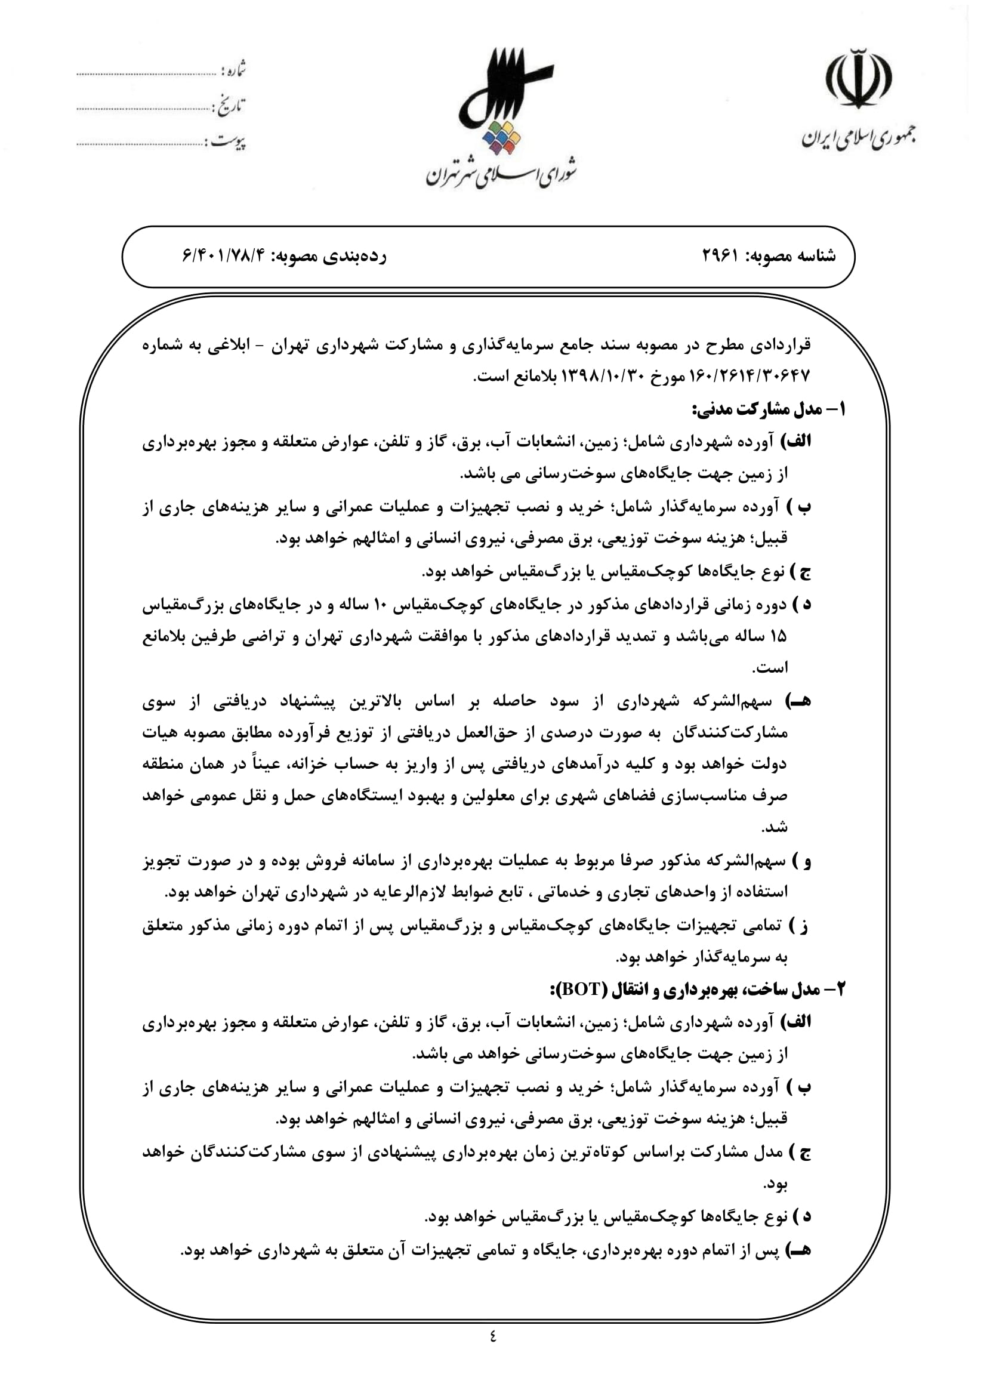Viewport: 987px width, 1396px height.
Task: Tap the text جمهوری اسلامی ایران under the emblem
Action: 858,138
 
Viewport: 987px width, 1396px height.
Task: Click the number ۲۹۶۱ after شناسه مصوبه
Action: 720,256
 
